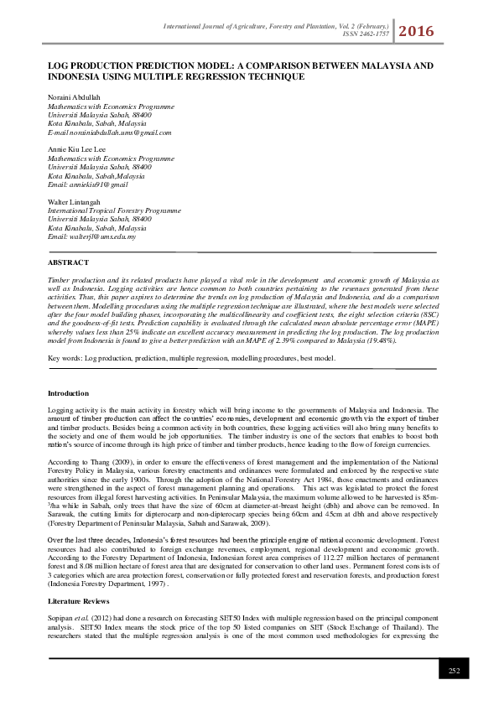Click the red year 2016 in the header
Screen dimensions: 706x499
tap(417, 32)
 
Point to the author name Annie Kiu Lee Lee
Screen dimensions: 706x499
tap(76, 148)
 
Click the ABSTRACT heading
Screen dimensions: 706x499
tap(68, 263)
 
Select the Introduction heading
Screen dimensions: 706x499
tap(69, 393)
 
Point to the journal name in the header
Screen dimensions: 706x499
tap(268, 28)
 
